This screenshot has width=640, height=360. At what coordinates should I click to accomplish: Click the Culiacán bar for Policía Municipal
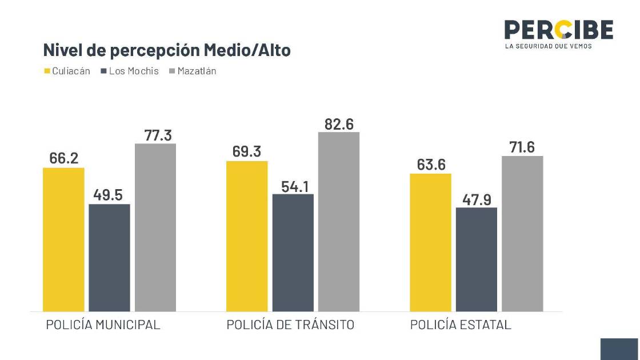(x=63, y=239)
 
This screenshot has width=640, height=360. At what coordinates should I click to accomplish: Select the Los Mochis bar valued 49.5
(x=109, y=257)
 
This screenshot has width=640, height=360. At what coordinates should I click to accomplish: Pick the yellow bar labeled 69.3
(x=247, y=236)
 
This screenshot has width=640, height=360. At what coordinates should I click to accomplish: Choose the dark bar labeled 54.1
(x=293, y=253)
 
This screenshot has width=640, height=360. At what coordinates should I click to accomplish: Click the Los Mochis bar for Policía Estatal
(x=477, y=259)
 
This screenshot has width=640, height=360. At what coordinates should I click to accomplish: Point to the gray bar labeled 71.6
(x=522, y=233)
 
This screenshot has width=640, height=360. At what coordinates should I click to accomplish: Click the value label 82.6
(x=339, y=123)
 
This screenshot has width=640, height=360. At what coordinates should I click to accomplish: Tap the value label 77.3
(x=155, y=135)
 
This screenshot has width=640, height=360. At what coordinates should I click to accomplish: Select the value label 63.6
(x=431, y=165)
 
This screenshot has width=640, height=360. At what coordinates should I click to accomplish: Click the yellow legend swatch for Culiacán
(x=47, y=71)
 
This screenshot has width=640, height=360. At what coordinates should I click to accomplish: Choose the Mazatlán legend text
(x=197, y=71)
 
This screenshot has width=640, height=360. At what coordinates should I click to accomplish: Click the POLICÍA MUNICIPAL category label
(x=103, y=325)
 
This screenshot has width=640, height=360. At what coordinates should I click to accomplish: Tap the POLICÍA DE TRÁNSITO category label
(x=290, y=325)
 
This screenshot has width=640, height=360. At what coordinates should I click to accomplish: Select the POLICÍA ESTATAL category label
(x=461, y=325)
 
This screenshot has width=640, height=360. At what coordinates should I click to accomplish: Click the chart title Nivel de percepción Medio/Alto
(x=167, y=50)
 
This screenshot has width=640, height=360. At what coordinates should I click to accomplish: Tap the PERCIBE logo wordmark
(x=558, y=30)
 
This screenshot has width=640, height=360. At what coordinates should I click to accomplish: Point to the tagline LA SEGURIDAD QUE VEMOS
(x=549, y=46)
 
